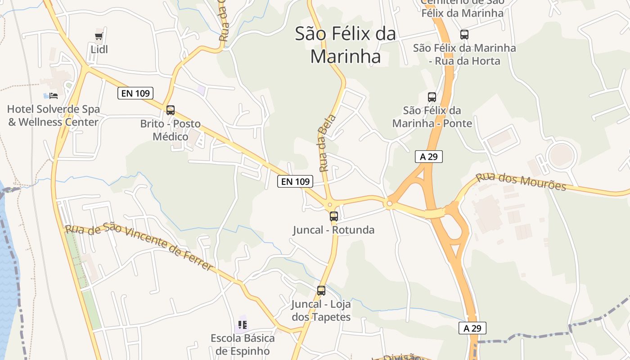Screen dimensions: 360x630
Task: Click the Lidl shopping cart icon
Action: [x=99, y=36]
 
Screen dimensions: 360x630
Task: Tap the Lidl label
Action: [x=99, y=49]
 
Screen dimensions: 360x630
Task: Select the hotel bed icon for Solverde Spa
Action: [x=54, y=95]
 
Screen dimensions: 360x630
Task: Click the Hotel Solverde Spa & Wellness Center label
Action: [x=54, y=116]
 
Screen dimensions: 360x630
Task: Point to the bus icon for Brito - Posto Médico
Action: [x=170, y=110]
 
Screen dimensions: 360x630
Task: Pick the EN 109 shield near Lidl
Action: [x=135, y=93]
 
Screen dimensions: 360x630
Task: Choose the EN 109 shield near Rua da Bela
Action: [x=295, y=181]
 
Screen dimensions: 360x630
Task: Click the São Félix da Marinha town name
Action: [x=346, y=45]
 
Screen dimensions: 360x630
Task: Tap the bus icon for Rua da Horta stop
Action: [x=464, y=34]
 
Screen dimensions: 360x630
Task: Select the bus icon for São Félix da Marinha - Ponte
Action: [x=432, y=97]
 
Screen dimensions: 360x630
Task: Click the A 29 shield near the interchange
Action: [x=429, y=157]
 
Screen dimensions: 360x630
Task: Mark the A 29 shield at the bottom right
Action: [x=472, y=328]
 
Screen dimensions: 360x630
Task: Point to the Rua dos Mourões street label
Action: [x=521, y=181]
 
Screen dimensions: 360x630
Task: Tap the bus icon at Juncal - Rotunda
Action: [x=333, y=216]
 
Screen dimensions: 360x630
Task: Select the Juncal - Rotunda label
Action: [x=333, y=230]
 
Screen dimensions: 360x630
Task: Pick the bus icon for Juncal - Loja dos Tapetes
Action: [x=321, y=291]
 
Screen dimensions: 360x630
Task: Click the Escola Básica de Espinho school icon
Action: [x=243, y=324]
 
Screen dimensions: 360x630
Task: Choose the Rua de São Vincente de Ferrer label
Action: [x=139, y=247]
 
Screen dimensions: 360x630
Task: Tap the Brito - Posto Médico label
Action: [x=170, y=130]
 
